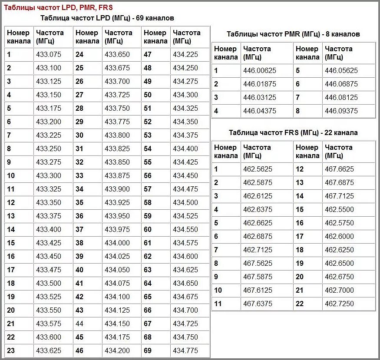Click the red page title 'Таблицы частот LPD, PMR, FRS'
click(58, 7)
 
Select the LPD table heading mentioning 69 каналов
click(107, 18)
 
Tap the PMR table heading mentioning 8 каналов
click(293, 34)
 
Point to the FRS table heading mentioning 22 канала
click(293, 132)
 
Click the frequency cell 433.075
click(49, 55)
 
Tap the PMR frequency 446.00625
click(260, 71)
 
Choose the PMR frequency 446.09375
click(341, 111)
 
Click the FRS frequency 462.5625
click(258, 169)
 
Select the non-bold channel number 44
click(79, 324)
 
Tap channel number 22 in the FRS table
click(300, 304)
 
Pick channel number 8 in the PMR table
click(298, 111)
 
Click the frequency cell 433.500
click(49, 284)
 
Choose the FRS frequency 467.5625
click(258, 264)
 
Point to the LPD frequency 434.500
click(185, 203)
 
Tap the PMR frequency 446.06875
click(341, 84)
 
